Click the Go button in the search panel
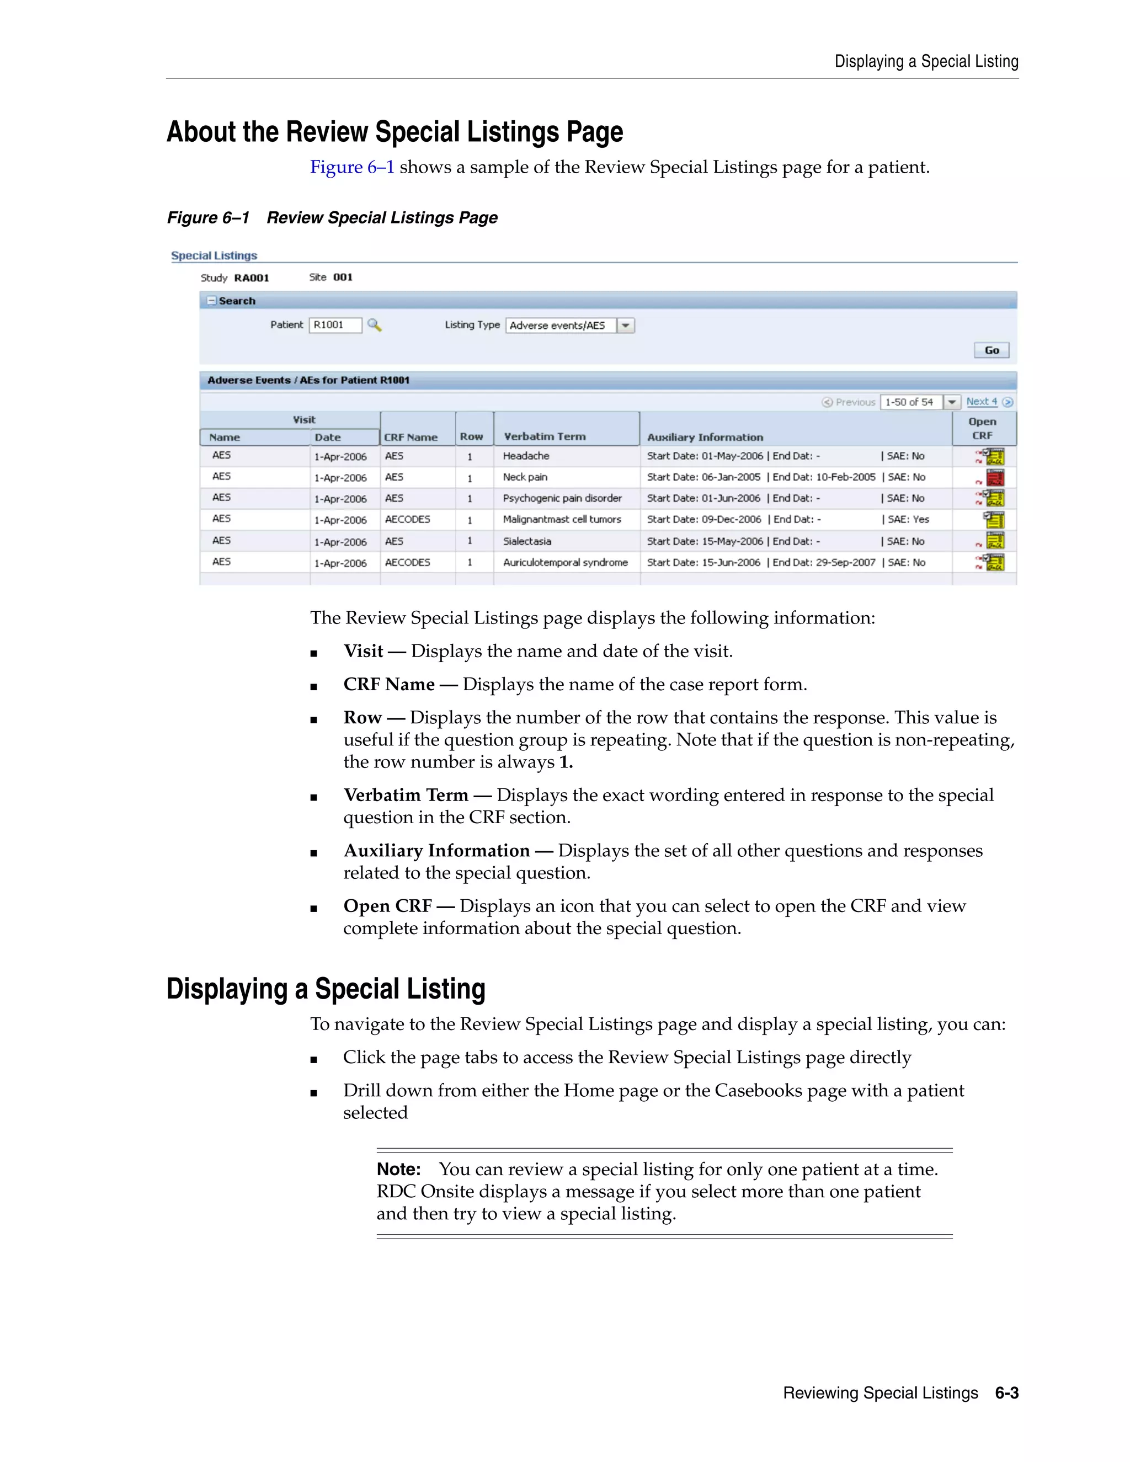[991, 350]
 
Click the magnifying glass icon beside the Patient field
[374, 326]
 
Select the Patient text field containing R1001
[335, 326]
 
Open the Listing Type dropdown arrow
[625, 326]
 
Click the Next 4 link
[982, 402]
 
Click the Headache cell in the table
[526, 456]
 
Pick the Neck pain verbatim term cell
[525, 477]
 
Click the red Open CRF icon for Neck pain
[995, 478]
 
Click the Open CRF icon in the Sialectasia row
[995, 541]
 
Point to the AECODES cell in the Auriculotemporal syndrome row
[407, 562]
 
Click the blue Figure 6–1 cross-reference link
[351, 167]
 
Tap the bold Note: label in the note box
[398, 1170]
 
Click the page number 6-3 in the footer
[1006, 1392]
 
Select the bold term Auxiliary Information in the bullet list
[436, 851]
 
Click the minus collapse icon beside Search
[211, 301]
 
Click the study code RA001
[251, 278]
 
